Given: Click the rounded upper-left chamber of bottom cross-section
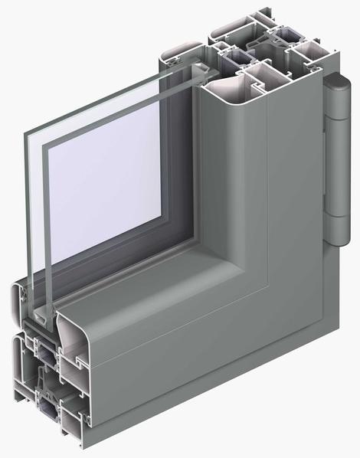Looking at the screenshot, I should click(x=23, y=295).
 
